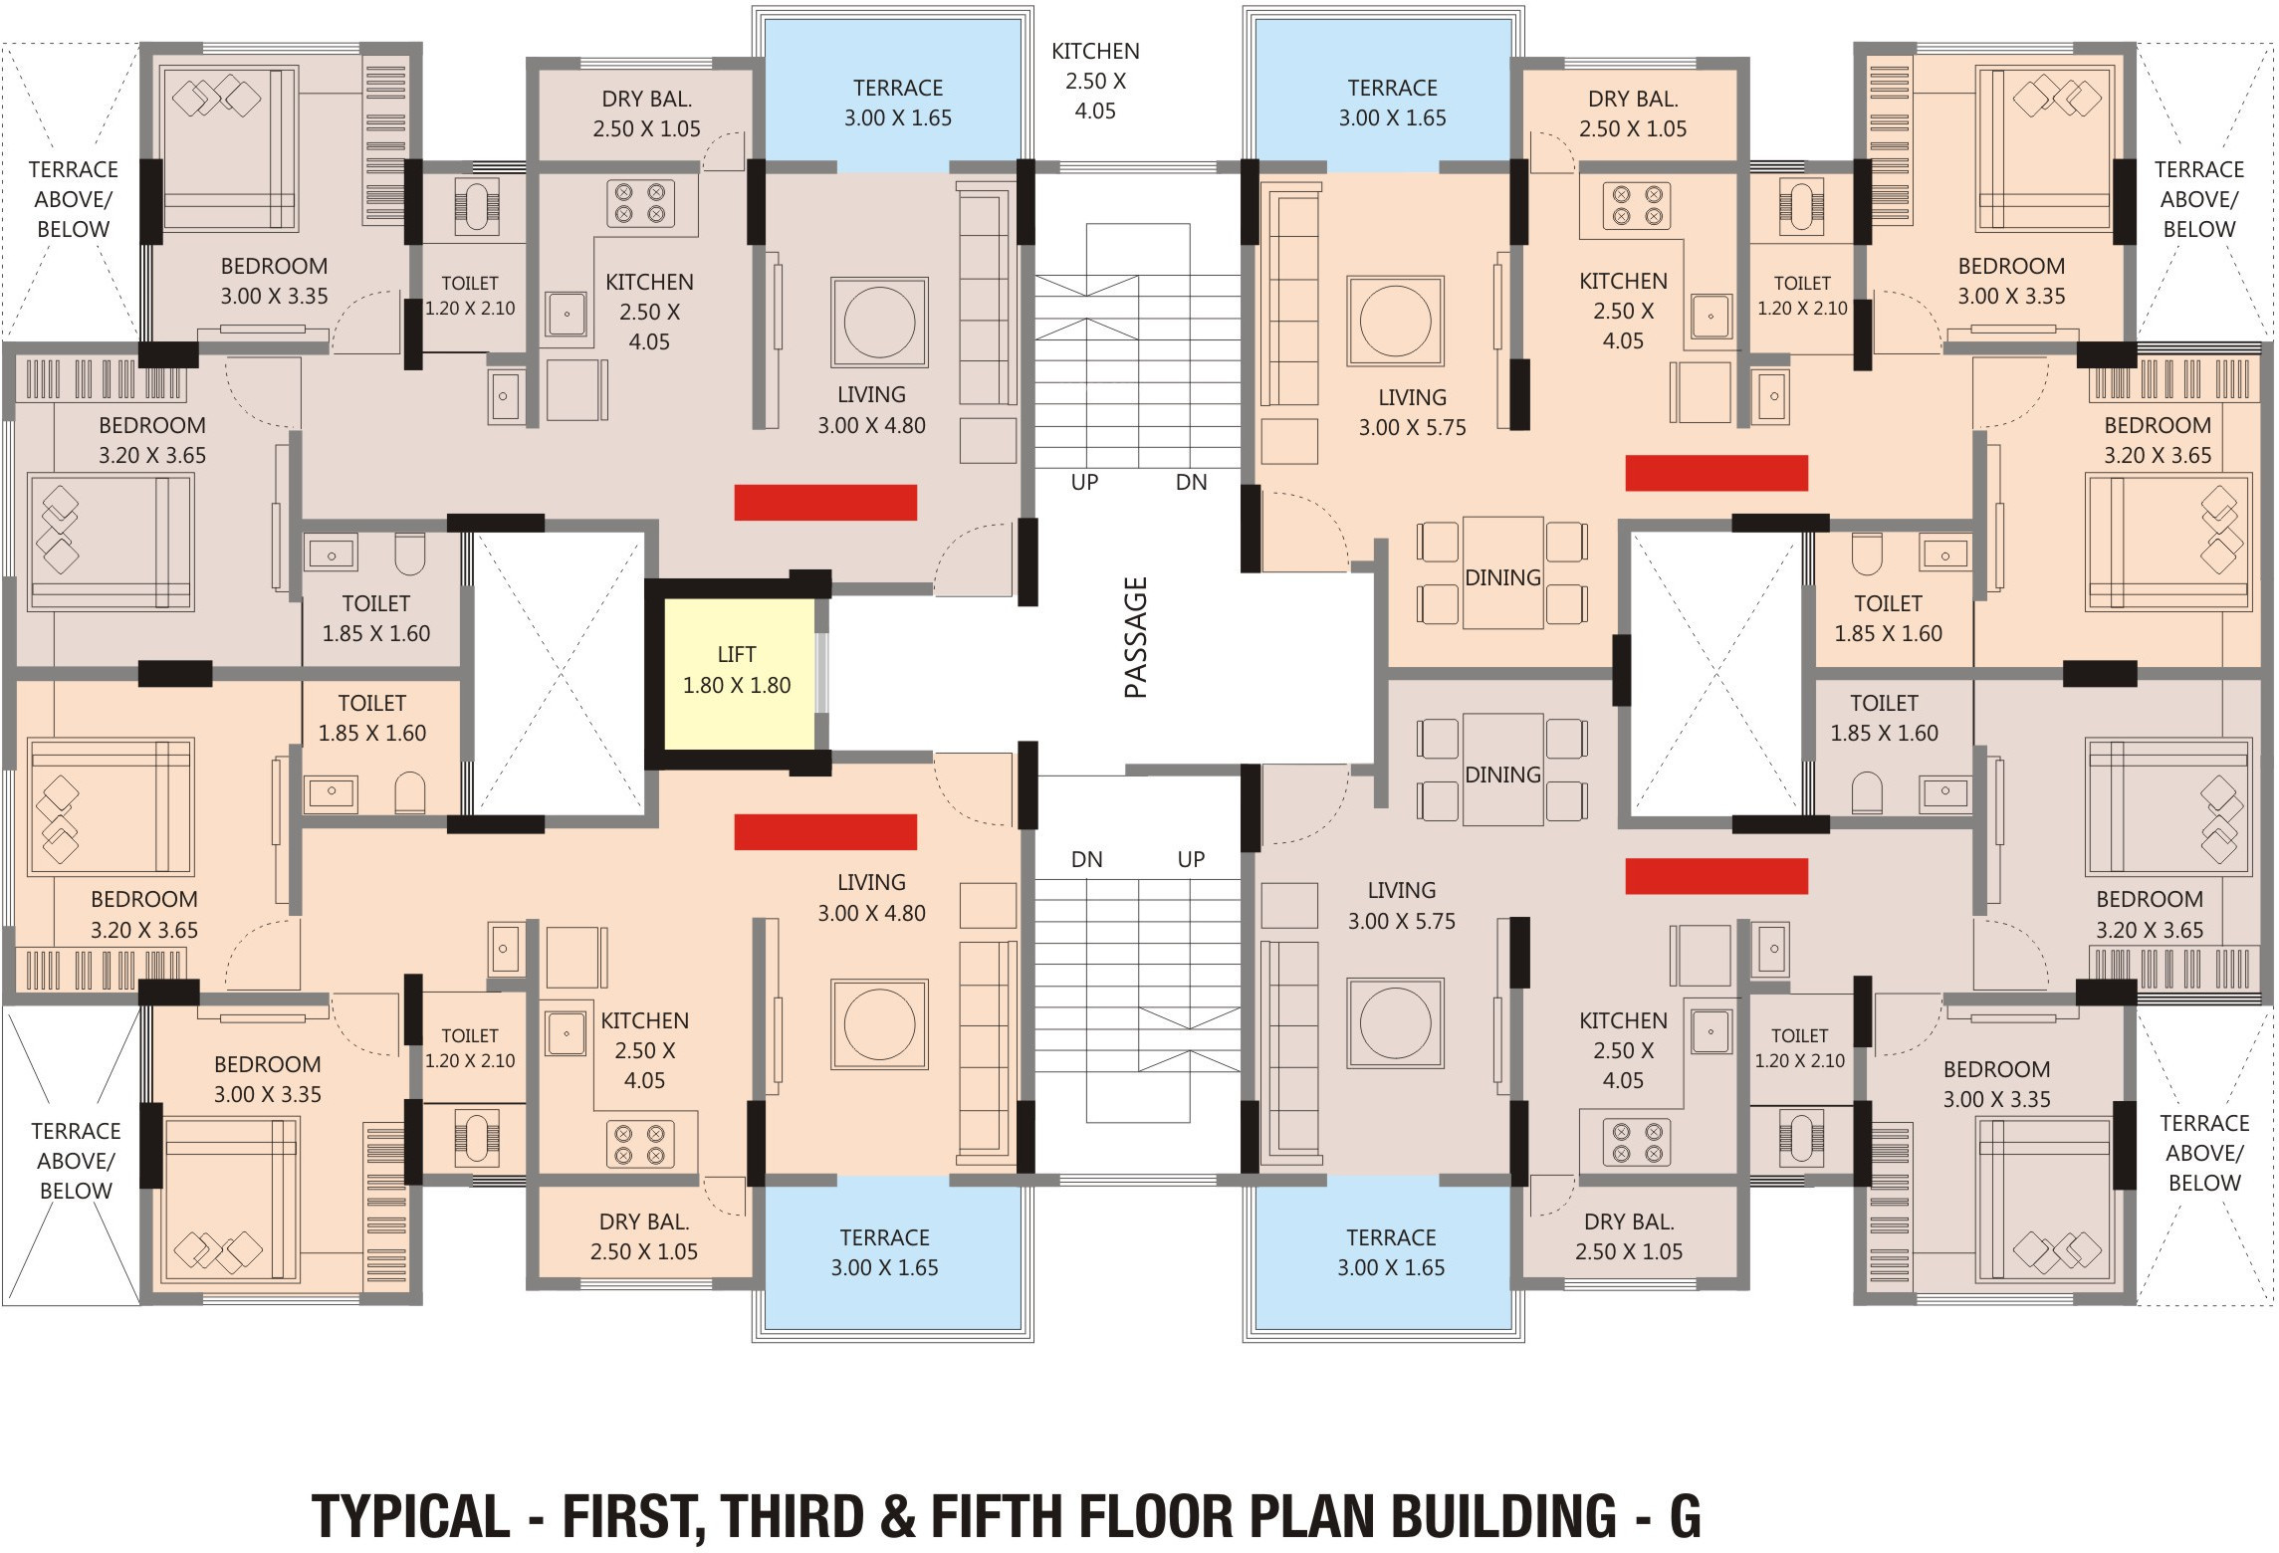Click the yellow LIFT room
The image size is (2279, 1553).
tap(738, 673)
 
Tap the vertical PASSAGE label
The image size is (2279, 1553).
tap(1136, 637)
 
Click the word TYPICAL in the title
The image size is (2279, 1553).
tap(411, 1517)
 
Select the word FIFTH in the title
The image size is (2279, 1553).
tap(998, 1517)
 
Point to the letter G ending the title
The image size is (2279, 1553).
tap(1685, 1517)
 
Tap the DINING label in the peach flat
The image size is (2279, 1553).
tap(1502, 577)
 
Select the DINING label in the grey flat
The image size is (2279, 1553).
tap(1502, 775)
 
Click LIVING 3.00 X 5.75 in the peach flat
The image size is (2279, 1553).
tap(1412, 412)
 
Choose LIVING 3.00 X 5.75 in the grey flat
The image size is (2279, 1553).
tap(1401, 906)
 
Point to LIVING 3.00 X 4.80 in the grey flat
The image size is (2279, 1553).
tap(871, 410)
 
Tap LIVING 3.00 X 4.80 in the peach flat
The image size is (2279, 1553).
tap(871, 898)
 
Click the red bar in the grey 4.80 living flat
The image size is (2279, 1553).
tap(825, 503)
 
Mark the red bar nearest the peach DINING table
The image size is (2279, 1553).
tap(1716, 473)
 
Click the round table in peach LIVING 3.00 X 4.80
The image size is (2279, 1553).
tap(879, 1024)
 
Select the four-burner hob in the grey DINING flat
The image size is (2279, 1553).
tap(1637, 1143)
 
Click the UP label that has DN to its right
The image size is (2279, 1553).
tap(1084, 483)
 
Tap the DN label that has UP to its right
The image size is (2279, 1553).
tap(1086, 859)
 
